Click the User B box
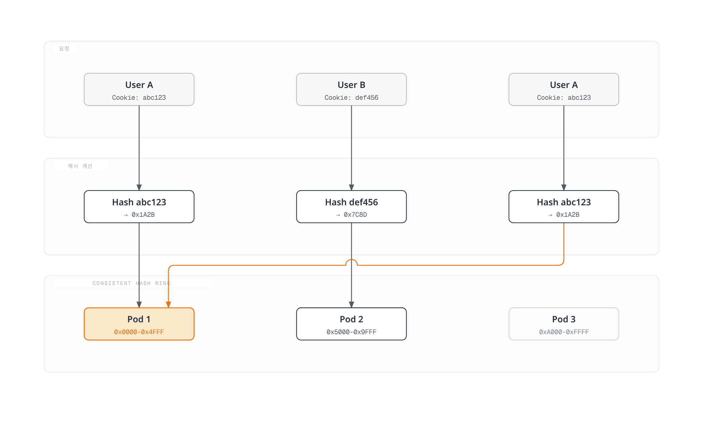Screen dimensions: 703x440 pos(351,90)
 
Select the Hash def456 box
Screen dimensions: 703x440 pos(351,207)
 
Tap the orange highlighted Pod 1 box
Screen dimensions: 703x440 pos(139,324)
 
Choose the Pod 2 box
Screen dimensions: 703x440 pos(351,324)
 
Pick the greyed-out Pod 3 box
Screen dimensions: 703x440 pos(564,324)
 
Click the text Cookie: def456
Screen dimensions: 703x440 pos(351,98)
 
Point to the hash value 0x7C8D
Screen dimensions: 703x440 pos(355,215)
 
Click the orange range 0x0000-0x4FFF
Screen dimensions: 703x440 pos(139,332)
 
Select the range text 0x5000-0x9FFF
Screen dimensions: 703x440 pos(351,332)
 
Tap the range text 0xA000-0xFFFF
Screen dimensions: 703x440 pos(564,332)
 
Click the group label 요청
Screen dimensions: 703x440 pos(64,49)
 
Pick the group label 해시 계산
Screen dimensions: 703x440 pos(80,166)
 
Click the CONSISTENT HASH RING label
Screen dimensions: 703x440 pos(132,283)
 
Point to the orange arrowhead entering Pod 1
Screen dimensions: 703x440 pos(168,305)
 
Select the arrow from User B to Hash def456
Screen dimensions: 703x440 pos(351,148)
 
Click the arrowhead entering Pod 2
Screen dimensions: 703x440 pos(351,305)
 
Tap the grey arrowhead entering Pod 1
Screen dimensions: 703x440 pos(139,305)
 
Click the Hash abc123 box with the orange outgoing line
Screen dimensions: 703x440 pos(564,207)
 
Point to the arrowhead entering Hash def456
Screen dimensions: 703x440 pos(351,187)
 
